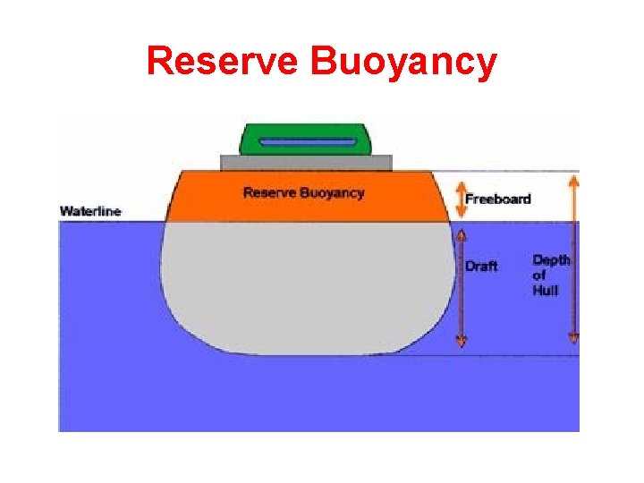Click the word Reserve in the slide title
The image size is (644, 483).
click(x=224, y=62)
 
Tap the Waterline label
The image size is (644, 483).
click(x=90, y=212)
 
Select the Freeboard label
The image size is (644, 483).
click(x=497, y=199)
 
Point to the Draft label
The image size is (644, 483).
click(x=480, y=266)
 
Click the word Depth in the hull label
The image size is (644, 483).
click(x=551, y=260)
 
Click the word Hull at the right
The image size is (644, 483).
click(x=545, y=291)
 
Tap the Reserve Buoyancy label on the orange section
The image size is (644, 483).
click(x=303, y=193)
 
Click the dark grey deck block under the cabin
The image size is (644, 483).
click(x=305, y=162)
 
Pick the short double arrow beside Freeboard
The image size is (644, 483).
click(x=461, y=198)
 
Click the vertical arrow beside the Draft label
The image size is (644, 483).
click(x=461, y=286)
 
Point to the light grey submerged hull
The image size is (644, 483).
click(x=304, y=286)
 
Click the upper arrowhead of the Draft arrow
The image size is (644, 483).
click(x=461, y=235)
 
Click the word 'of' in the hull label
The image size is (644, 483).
click(x=538, y=275)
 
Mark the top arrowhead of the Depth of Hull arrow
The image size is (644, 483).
click(x=573, y=181)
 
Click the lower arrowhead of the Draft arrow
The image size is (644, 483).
click(x=461, y=340)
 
